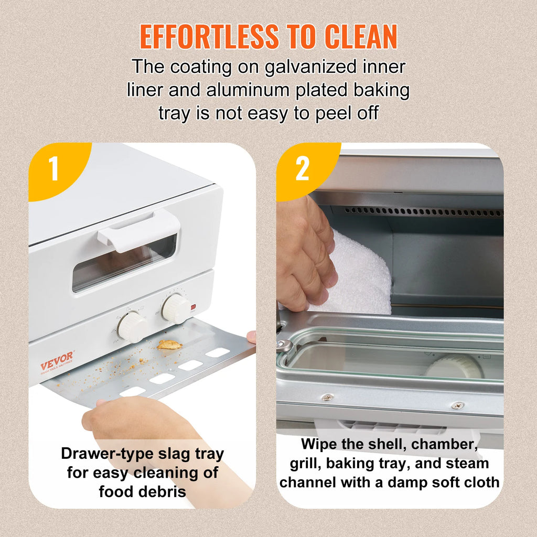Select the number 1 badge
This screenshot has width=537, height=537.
point(53,168)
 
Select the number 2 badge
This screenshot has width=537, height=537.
point(302,168)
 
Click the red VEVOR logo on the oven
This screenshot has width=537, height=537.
point(57,360)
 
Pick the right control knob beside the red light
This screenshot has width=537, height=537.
point(176,308)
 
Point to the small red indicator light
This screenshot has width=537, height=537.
point(194,307)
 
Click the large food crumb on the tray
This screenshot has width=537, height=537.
point(169,345)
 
